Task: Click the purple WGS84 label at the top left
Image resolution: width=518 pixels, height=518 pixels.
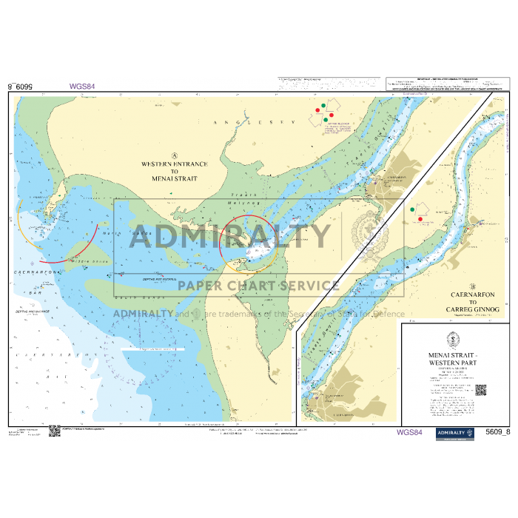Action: coord(83,86)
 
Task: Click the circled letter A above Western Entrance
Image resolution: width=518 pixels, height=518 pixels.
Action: coord(174,154)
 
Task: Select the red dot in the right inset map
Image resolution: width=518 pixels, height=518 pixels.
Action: coord(421,219)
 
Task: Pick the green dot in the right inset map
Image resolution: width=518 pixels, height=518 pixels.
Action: coord(412,210)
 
